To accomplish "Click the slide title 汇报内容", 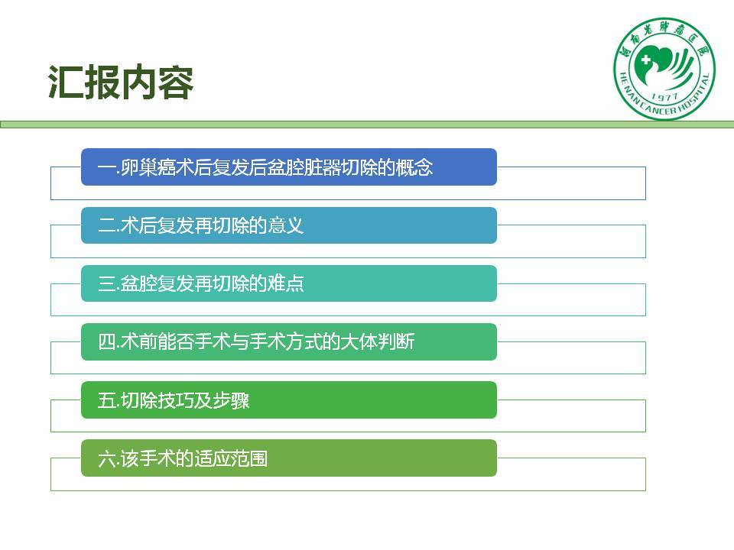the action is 121,82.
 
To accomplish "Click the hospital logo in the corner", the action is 664,69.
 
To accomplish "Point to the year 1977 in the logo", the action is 664,97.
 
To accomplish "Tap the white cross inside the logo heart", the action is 646,60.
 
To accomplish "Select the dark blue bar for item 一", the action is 289,167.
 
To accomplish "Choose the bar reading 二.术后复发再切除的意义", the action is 289,225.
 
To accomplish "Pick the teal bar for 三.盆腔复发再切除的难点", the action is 289,283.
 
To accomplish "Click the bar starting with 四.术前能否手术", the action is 289,342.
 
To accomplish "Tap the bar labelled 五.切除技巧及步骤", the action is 289,400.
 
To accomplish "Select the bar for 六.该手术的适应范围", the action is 289,458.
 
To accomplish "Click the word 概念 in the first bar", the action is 414,167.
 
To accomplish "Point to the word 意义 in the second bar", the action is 285,225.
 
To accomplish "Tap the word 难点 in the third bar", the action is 285,283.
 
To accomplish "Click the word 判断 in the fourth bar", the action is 396,342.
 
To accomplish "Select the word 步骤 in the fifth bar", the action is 230,400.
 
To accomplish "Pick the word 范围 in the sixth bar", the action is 248,458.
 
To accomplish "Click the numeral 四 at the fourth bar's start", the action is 106,342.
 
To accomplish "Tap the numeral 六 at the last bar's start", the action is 106,458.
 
